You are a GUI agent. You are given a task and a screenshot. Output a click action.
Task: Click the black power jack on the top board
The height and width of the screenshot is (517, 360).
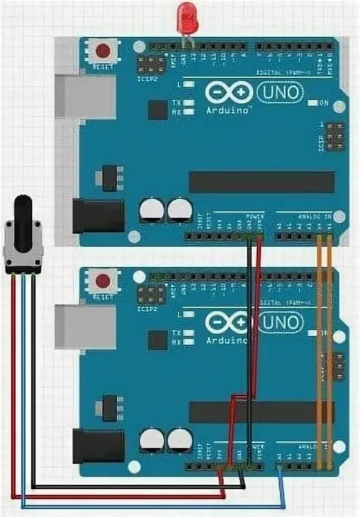click(x=98, y=216)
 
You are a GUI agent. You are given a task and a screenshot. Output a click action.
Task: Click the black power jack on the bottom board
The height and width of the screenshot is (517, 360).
click(x=98, y=446)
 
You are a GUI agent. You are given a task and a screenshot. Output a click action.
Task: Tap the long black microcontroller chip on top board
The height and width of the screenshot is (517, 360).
click(x=262, y=182)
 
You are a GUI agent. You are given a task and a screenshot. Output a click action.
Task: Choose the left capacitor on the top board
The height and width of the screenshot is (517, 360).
click(x=152, y=210)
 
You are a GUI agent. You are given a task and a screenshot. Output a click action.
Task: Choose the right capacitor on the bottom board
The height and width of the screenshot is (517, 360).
click(x=179, y=440)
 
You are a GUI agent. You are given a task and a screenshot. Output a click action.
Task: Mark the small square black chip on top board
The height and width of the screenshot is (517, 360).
click(x=158, y=110)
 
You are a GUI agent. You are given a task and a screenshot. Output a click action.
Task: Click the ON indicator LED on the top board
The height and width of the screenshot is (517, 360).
click(x=312, y=103)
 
